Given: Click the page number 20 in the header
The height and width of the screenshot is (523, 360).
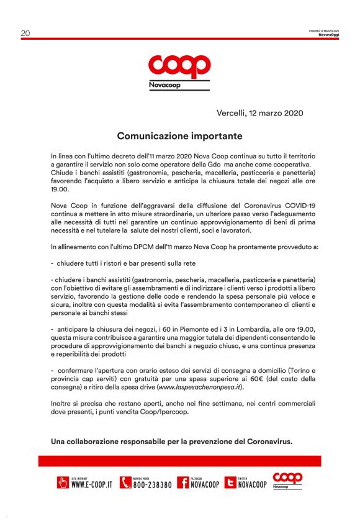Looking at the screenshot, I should click(25, 34).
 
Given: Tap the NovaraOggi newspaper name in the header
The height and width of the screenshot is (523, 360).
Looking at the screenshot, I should click(328, 35).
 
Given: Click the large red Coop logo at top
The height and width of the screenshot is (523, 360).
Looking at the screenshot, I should click(179, 66).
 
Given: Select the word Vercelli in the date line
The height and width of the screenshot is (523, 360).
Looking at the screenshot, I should click(232, 114).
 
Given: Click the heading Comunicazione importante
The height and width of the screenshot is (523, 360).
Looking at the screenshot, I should click(179, 135).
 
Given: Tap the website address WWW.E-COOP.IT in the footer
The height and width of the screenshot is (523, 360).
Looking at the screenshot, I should click(91, 484).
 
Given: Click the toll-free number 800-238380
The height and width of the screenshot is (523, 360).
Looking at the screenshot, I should click(152, 484).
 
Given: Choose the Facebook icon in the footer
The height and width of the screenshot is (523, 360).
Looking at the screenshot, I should click(182, 483).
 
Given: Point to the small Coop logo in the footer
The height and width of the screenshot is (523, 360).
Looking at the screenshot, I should click(287, 480).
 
